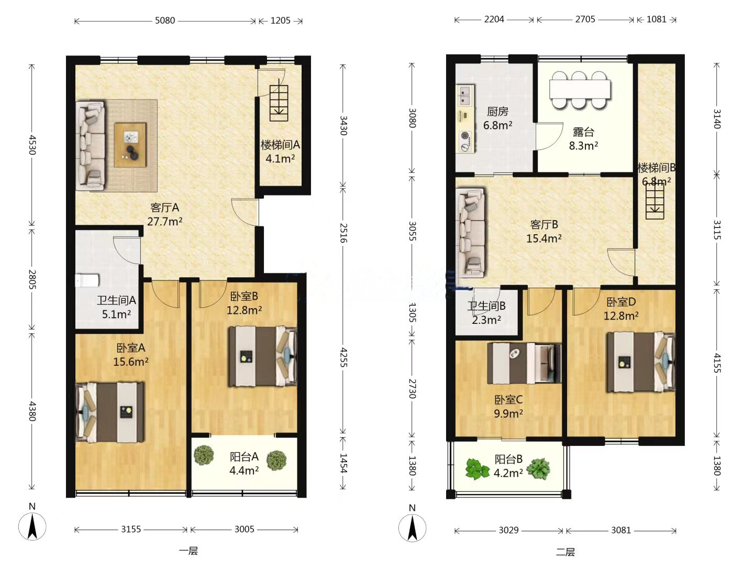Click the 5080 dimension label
tap(165, 20)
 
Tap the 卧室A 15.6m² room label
tap(131, 355)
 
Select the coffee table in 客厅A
tap(130, 145)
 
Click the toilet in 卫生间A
tap(87, 280)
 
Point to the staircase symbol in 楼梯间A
tap(279, 103)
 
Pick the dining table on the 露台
tap(580, 89)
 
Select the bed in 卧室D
tap(641, 362)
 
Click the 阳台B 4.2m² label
tap(508, 466)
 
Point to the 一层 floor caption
tap(188, 551)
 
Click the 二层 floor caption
tap(565, 552)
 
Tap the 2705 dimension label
tap(585, 19)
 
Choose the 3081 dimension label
tap(620, 530)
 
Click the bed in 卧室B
tap(263, 356)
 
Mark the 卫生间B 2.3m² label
tap(486, 313)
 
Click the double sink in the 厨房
tap(464, 95)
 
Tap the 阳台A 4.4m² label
tap(244, 464)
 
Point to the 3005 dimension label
tap(244, 529)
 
